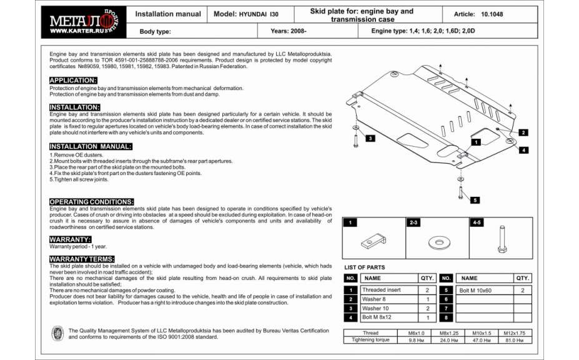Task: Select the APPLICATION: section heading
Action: (73, 81)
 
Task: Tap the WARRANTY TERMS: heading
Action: (82, 259)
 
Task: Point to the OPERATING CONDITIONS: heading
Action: (91, 202)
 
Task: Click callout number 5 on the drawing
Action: (475, 200)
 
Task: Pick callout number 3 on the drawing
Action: (370, 138)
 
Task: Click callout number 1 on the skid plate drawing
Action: (476, 142)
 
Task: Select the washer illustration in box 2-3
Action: (437, 242)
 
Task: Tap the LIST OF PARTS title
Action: (365, 267)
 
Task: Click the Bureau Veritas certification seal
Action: (57, 334)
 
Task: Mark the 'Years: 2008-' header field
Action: (289, 31)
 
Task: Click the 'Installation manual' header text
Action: (168, 14)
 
